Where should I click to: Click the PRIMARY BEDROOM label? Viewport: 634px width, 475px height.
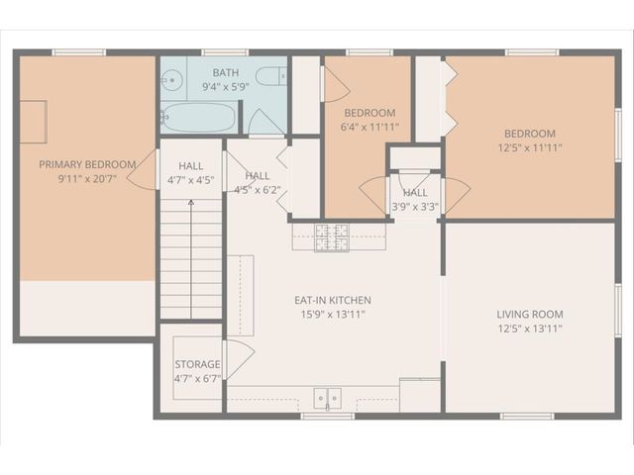[x=87, y=164]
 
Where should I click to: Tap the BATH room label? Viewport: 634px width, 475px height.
[x=225, y=72]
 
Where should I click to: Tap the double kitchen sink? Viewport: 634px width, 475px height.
[x=328, y=397]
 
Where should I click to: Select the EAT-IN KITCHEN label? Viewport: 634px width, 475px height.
[x=332, y=300]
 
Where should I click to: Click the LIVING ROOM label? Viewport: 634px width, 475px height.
[x=530, y=315]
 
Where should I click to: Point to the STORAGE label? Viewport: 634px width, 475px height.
[x=197, y=364]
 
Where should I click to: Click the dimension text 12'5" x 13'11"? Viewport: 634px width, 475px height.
[x=530, y=329]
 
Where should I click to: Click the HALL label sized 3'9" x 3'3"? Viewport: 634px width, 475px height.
[x=415, y=193]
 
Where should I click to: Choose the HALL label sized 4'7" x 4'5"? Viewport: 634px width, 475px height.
[x=191, y=166]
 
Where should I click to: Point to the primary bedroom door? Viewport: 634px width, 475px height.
[x=147, y=173]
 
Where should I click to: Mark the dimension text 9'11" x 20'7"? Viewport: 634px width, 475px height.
[x=87, y=179]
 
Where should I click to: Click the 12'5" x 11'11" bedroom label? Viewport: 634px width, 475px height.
[x=529, y=134]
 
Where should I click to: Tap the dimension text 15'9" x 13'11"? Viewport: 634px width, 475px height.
[x=332, y=314]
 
